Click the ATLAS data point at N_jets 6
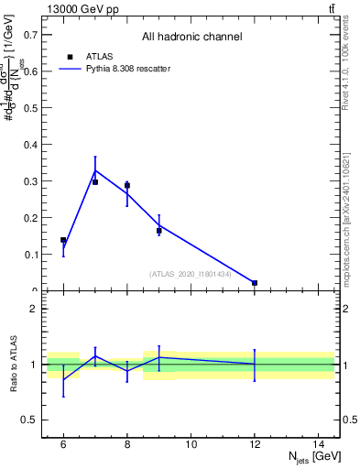coord(63,240)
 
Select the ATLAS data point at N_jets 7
coord(95,182)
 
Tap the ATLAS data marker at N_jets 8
coord(127,186)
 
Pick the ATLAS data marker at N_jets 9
coord(159,231)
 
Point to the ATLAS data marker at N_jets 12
coord(255,283)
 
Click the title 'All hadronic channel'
coord(191,37)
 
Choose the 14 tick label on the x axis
coord(319,445)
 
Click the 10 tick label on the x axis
coord(191,445)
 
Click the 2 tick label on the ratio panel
coord(33,309)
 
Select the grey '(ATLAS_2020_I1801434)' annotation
coord(191,274)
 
